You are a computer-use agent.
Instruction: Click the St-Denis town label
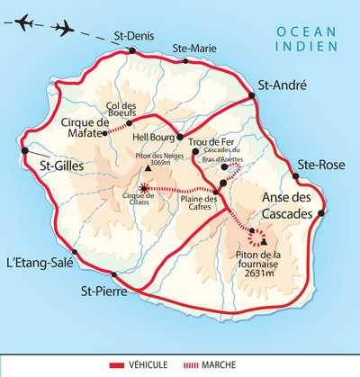(x=133, y=37)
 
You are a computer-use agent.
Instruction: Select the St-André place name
(x=283, y=85)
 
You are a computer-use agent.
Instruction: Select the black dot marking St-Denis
(x=132, y=50)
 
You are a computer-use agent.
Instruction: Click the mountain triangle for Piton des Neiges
(x=147, y=168)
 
